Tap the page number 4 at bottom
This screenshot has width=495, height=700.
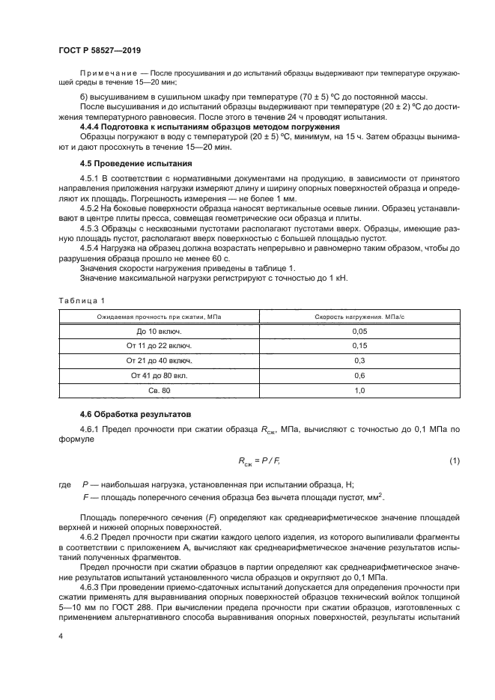tap(60, 636)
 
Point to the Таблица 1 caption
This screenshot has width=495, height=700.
tap(77, 300)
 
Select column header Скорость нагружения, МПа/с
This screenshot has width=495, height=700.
tap(359, 317)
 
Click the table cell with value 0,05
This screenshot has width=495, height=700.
tap(359, 331)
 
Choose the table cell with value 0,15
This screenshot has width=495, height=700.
tap(359, 346)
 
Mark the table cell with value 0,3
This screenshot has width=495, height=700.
tap(359, 361)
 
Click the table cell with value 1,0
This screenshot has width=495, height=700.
tap(359, 391)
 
